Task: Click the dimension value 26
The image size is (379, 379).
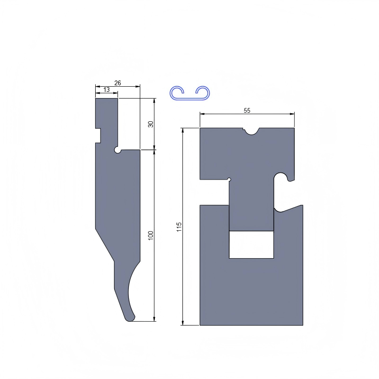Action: click(117, 83)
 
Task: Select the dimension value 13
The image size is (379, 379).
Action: click(107, 90)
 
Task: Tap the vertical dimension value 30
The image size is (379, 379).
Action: click(151, 124)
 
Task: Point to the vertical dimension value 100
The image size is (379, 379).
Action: click(151, 235)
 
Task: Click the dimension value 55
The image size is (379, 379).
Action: click(247, 110)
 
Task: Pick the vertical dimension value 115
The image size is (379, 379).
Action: click(179, 227)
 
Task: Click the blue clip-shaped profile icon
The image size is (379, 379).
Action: click(190, 93)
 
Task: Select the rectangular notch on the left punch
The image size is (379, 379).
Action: click(98, 135)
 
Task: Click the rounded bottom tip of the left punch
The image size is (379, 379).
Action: click(129, 319)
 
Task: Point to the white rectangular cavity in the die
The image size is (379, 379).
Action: click(251, 244)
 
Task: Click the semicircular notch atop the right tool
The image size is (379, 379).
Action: click(251, 130)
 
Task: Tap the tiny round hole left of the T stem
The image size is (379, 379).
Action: click(229, 179)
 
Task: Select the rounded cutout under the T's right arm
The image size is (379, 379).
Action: click(281, 178)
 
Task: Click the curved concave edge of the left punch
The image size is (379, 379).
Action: click(130, 289)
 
